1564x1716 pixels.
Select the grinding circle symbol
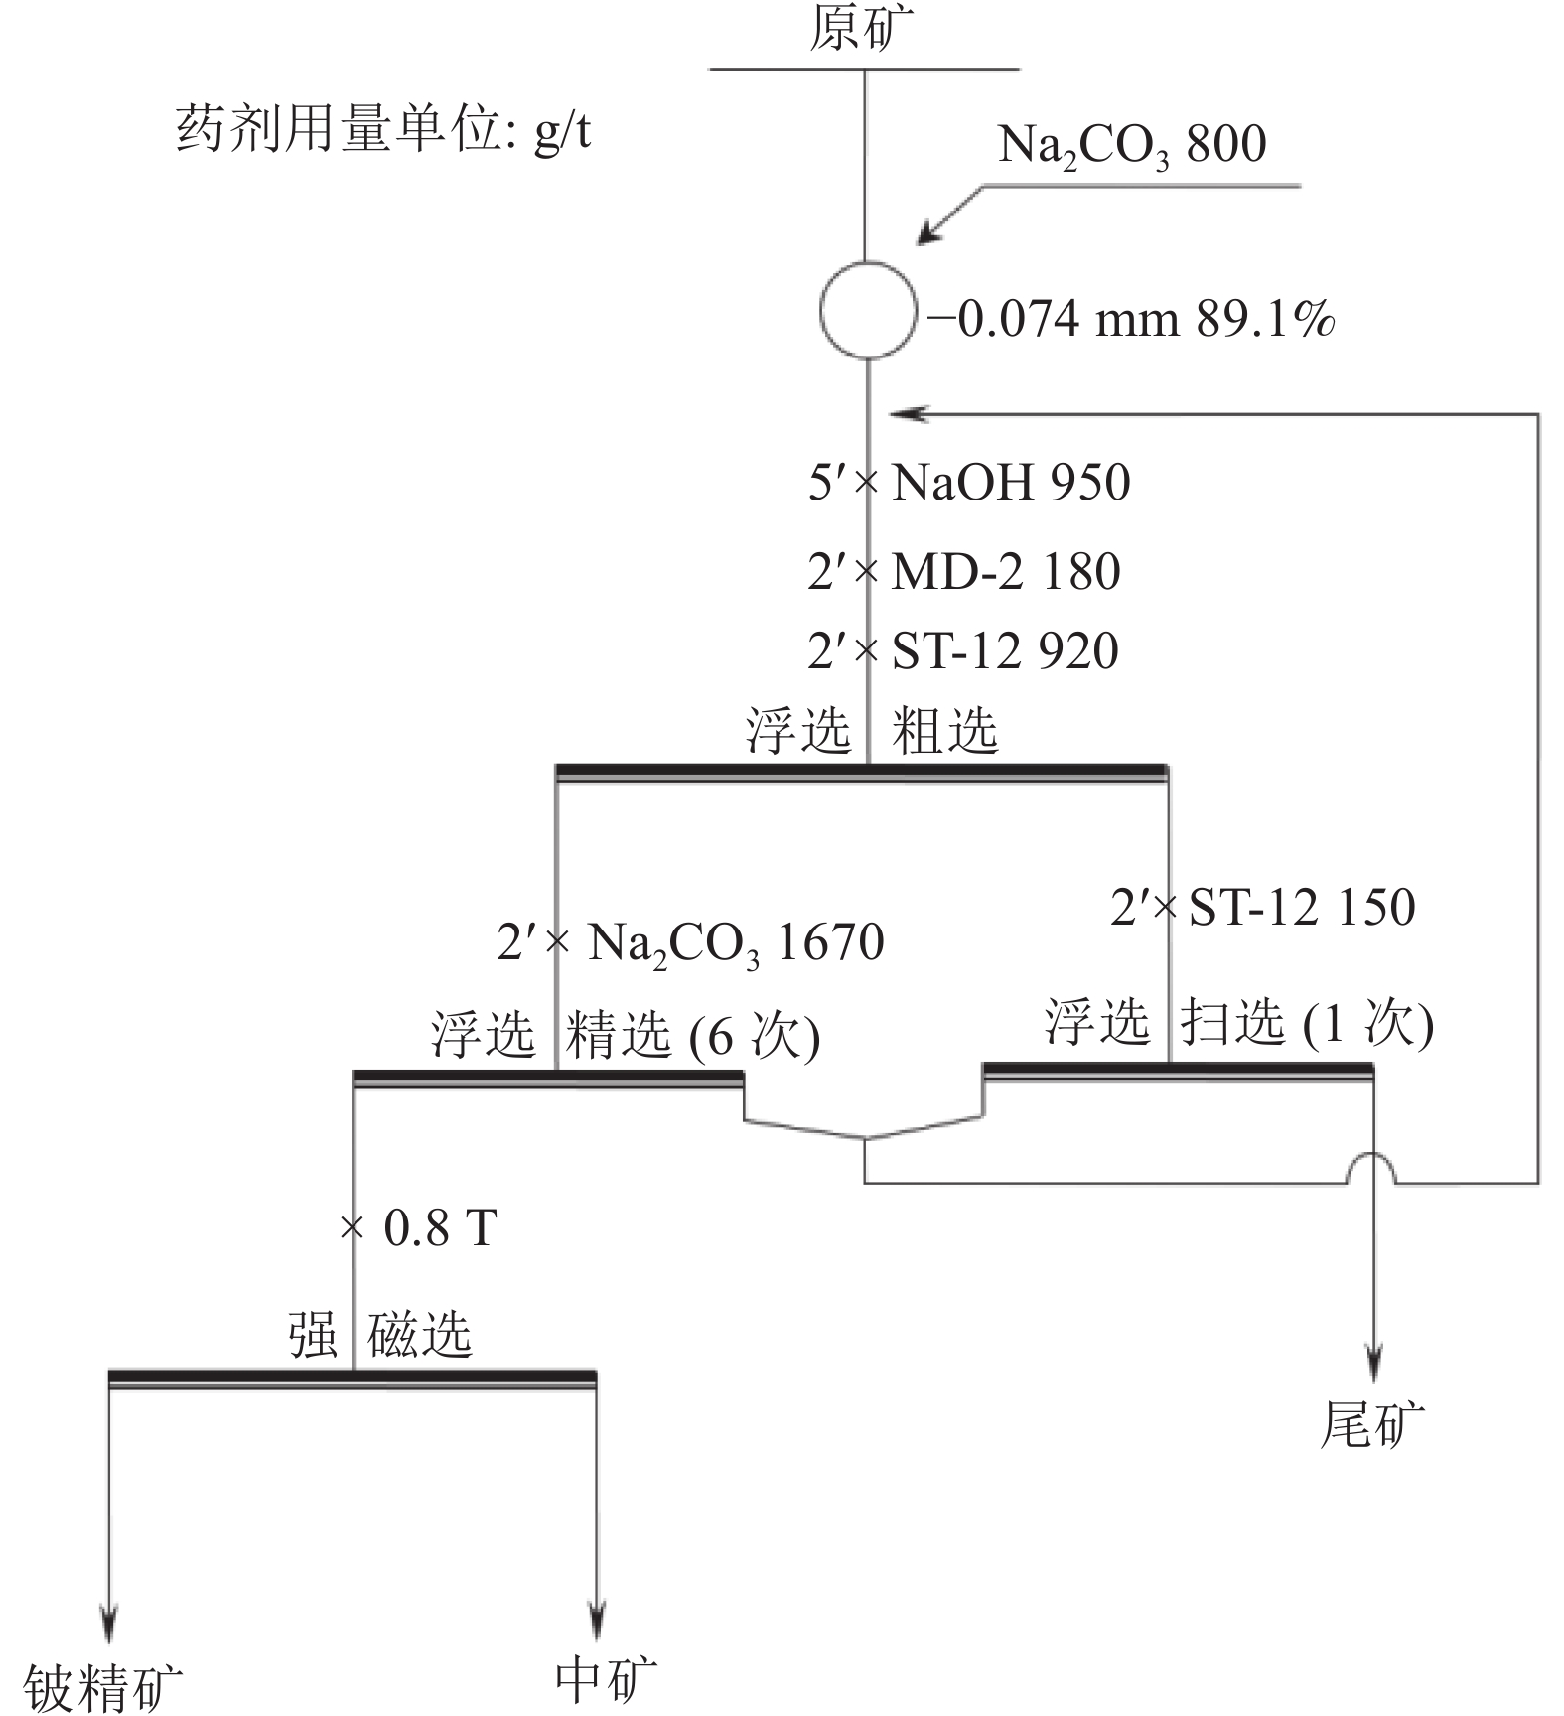pos(867,309)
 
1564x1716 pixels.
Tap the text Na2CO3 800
pos(1132,147)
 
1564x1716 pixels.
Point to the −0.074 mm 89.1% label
pos(1131,319)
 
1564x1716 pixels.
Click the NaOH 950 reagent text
pos(1011,483)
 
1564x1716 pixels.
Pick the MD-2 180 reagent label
pos(1006,572)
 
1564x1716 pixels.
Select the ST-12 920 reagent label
pos(1005,651)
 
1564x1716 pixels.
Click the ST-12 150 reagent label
pos(1302,908)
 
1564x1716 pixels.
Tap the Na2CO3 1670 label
pos(736,943)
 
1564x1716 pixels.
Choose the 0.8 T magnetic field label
pos(440,1229)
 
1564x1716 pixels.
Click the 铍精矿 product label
pos(103,1687)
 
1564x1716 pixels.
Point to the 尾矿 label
pos(1372,1424)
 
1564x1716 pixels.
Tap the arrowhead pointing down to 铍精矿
pos(109,1621)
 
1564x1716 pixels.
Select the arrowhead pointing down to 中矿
pos(596,1621)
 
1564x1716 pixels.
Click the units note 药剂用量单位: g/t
pos(383,130)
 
